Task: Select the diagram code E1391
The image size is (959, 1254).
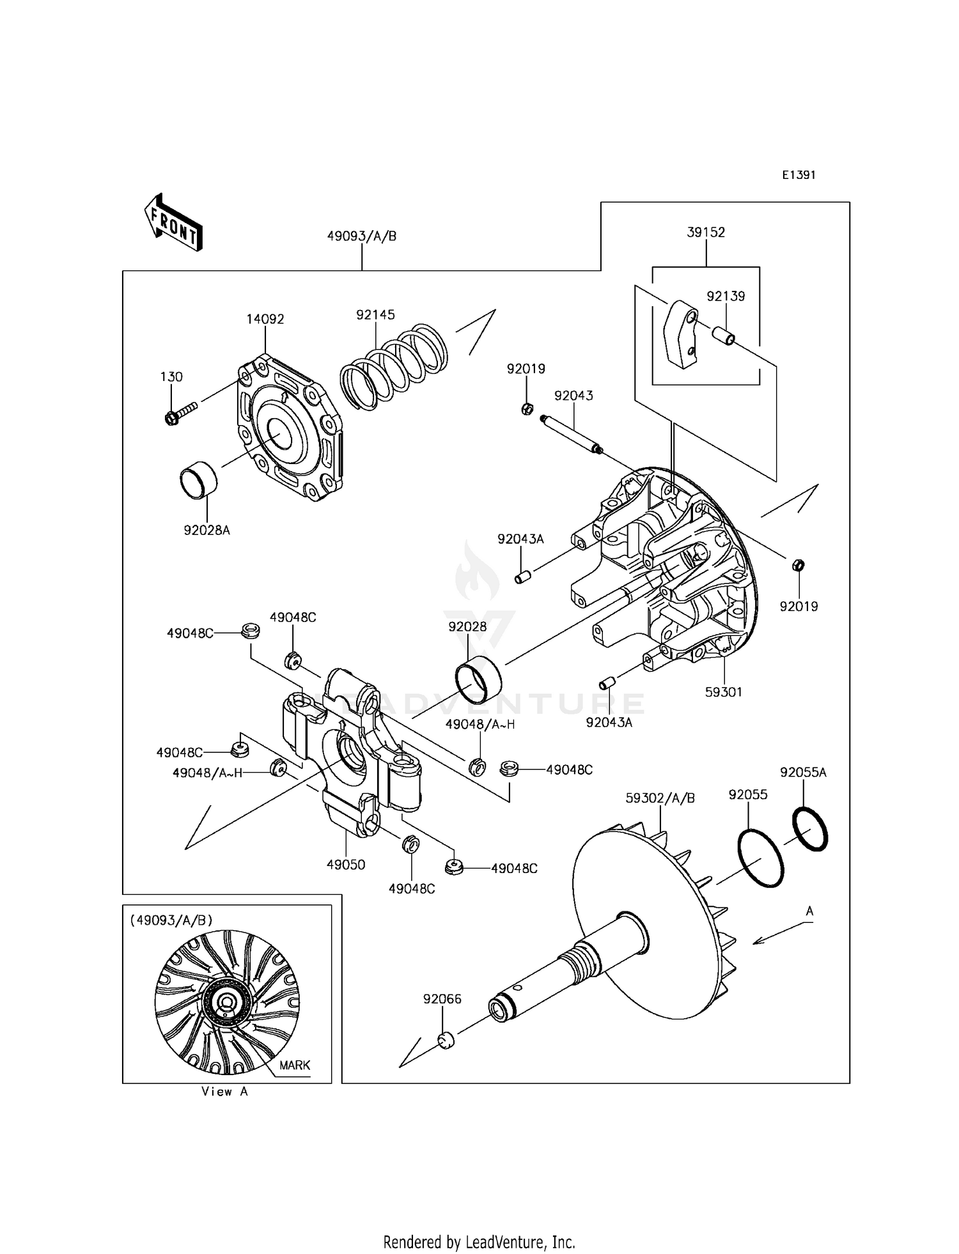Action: (x=799, y=175)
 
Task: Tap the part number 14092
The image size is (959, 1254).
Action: (x=265, y=319)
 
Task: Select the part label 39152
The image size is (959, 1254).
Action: (x=706, y=233)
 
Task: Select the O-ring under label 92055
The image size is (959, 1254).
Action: (x=761, y=857)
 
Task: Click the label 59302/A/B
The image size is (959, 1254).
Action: (x=660, y=798)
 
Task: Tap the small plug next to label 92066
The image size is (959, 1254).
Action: (x=446, y=1040)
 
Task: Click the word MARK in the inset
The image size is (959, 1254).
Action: (x=295, y=1065)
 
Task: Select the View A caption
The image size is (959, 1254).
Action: (x=224, y=1092)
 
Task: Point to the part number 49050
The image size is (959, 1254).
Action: (x=346, y=865)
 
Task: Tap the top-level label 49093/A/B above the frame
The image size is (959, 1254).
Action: (x=362, y=236)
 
